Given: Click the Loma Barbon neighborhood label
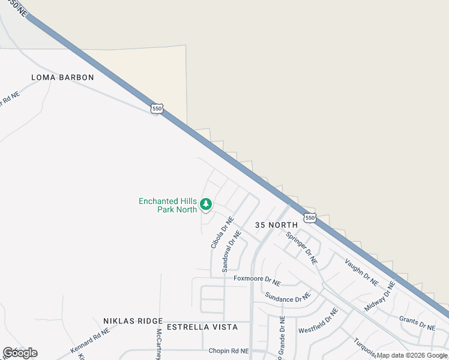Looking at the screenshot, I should click(x=63, y=77).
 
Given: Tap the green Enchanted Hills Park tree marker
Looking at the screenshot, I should click(x=206, y=205).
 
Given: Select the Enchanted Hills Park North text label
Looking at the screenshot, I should click(x=167, y=205).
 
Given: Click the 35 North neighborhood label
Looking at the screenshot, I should click(x=276, y=224).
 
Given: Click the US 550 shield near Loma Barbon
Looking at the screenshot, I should click(x=157, y=108).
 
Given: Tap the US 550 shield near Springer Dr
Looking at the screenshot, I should click(x=309, y=218).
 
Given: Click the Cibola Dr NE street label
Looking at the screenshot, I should click(x=221, y=233).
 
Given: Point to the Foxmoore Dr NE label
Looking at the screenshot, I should click(x=257, y=279).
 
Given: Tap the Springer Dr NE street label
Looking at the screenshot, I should click(x=301, y=248).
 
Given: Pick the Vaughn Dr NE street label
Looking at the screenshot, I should click(x=361, y=272).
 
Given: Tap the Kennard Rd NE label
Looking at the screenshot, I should click(x=90, y=340).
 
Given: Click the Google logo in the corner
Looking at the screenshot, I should click(x=20, y=353).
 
